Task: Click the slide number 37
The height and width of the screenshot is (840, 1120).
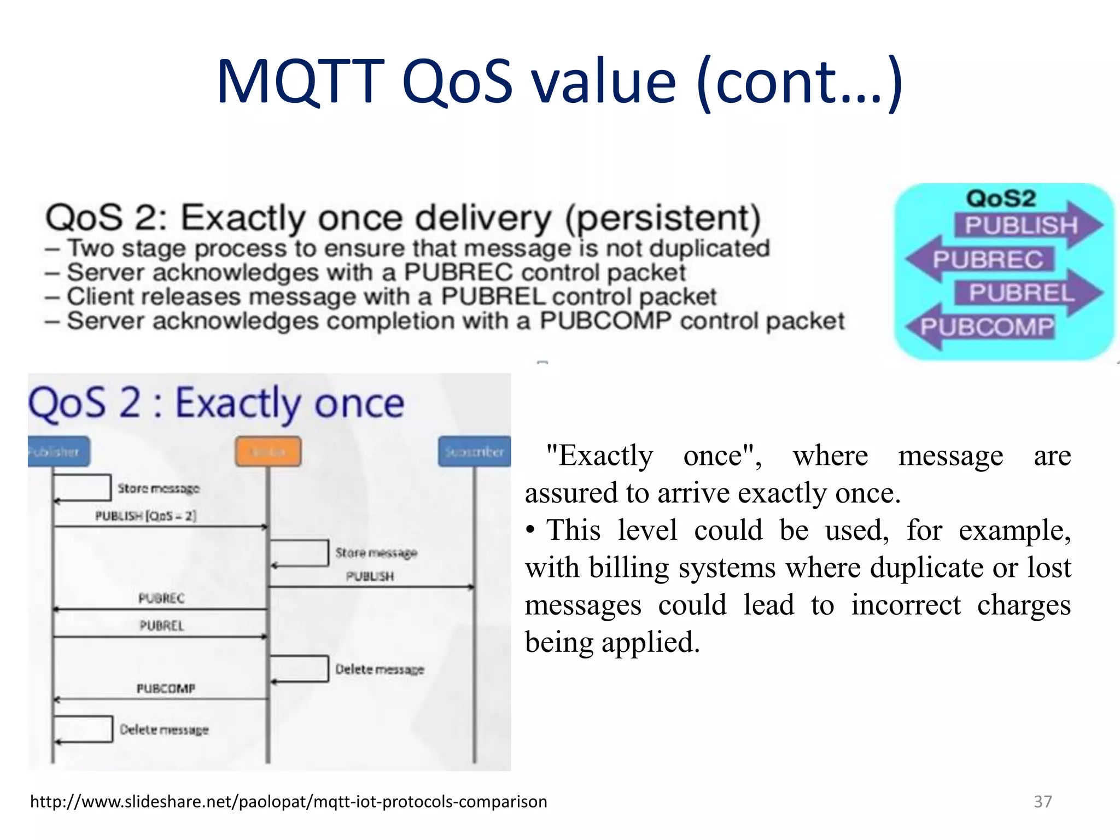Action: (x=1042, y=802)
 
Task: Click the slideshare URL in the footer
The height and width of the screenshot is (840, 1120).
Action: (x=288, y=802)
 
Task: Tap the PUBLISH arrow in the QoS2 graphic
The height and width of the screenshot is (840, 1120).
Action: (x=1020, y=225)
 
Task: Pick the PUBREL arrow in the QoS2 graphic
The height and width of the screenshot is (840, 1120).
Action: (x=1021, y=293)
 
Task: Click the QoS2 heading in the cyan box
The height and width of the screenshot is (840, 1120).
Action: (x=1001, y=198)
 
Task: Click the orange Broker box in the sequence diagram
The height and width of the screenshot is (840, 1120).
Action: (x=268, y=452)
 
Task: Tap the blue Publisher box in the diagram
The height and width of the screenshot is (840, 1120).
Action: (x=57, y=452)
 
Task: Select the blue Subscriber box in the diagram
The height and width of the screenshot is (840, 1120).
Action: (x=474, y=452)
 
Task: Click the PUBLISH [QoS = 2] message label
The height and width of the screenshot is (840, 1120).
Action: (x=145, y=516)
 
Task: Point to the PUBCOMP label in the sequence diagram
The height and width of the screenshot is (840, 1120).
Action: (x=166, y=689)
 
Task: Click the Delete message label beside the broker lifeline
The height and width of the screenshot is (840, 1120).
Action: (x=380, y=669)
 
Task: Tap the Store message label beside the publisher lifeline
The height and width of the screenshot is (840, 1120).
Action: (x=159, y=488)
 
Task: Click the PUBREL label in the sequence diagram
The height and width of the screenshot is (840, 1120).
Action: (x=162, y=626)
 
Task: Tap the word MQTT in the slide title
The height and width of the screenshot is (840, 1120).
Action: (x=300, y=82)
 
